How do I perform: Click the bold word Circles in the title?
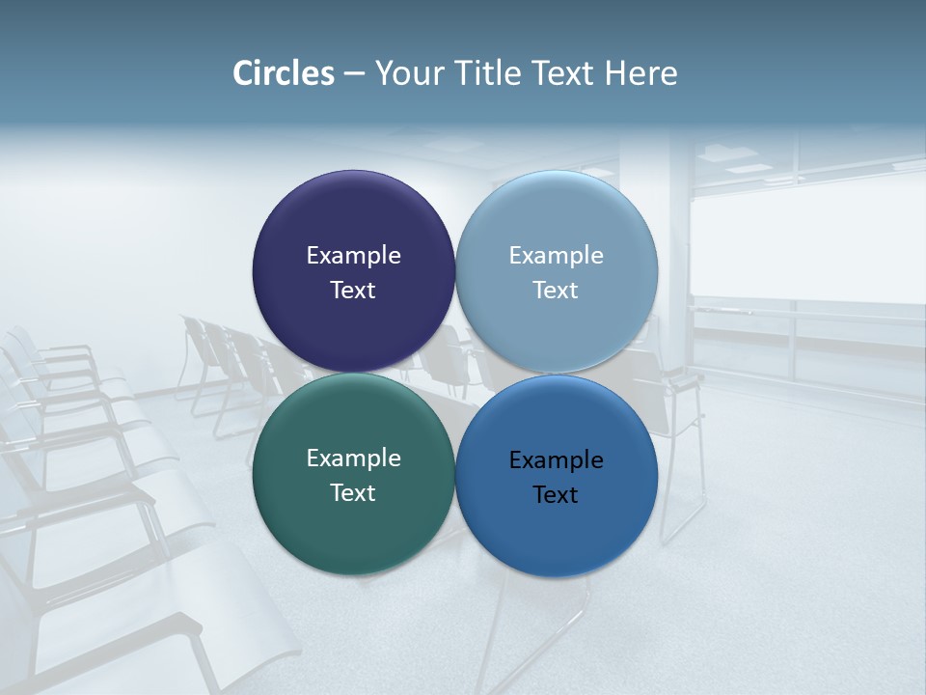[284, 73]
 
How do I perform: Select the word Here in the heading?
[640, 73]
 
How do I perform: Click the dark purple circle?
[353, 222]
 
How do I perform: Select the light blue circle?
[557, 222]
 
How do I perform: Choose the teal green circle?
[353, 521]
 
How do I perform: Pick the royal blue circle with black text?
[557, 526]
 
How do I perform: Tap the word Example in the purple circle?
[353, 256]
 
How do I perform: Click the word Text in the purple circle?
[353, 291]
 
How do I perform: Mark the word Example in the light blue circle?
[556, 256]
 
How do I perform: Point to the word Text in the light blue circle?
[556, 291]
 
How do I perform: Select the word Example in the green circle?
[353, 459]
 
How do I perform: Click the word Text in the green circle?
[353, 493]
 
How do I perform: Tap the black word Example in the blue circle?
[556, 460]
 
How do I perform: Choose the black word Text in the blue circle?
[556, 495]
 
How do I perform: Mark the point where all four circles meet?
[455, 374]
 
